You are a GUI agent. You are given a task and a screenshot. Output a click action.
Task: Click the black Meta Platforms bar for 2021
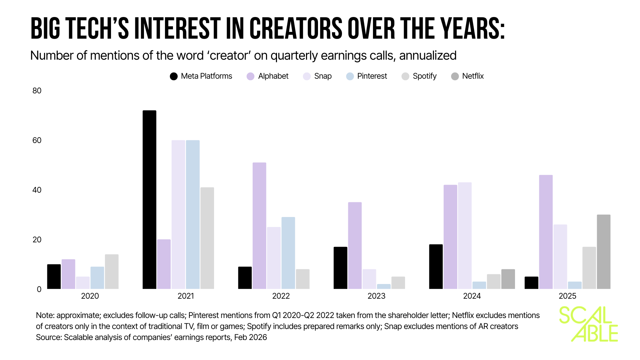point(149,200)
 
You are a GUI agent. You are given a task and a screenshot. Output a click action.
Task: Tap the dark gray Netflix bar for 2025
point(603,252)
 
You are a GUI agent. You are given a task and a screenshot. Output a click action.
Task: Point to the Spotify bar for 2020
point(112,272)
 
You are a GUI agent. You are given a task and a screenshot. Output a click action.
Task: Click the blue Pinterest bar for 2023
point(384,286)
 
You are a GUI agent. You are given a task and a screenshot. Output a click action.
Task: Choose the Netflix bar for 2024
point(508,279)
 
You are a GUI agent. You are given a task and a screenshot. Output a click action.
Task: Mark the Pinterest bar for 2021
point(193,215)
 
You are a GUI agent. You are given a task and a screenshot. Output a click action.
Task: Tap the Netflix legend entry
point(467,76)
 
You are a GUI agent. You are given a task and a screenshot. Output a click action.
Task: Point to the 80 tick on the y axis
point(37,91)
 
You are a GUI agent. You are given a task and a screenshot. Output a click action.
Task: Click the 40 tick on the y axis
point(37,190)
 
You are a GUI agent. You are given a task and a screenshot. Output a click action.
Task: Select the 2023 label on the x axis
point(376,296)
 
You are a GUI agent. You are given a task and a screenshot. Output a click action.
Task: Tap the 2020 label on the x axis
point(90,296)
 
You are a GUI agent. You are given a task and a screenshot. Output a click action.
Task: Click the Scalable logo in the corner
point(588,324)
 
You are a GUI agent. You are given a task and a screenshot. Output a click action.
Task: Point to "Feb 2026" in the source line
point(250,337)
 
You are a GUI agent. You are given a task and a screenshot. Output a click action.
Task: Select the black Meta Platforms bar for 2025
point(531,283)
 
